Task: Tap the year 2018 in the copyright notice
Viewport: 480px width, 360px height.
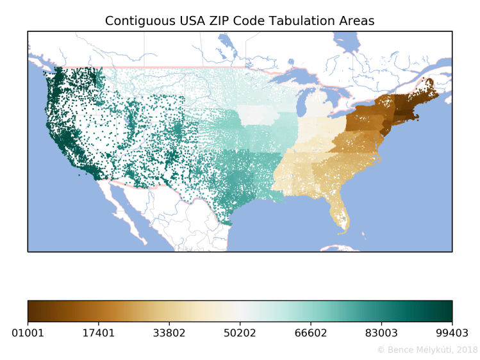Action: click(467, 350)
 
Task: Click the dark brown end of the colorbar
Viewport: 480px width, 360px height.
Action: click(32, 310)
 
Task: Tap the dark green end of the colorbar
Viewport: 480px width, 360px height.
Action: click(448, 310)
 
